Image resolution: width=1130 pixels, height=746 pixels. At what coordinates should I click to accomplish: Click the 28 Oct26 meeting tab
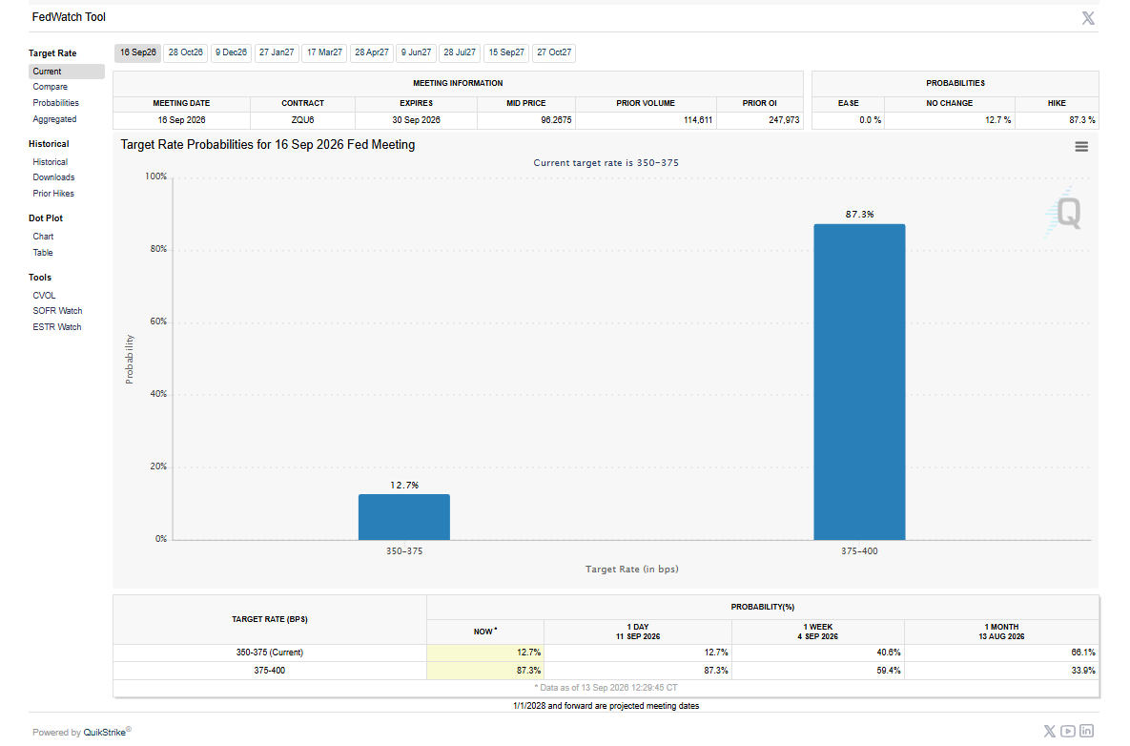click(185, 52)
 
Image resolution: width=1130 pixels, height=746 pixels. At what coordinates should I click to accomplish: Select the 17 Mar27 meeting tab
click(324, 52)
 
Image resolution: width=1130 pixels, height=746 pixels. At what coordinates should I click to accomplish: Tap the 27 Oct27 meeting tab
click(554, 52)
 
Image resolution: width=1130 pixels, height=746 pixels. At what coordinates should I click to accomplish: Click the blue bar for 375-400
click(859, 382)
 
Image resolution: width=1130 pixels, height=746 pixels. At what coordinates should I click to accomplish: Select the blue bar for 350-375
click(404, 517)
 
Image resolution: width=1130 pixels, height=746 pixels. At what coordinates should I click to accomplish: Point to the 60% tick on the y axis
click(158, 321)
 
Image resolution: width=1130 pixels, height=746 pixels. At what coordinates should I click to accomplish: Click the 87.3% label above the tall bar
click(860, 214)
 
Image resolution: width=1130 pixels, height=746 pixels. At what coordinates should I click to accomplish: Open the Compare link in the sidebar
click(50, 87)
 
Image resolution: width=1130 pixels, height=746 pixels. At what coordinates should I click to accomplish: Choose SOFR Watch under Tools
click(57, 311)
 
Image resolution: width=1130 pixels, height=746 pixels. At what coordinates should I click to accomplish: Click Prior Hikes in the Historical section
click(53, 193)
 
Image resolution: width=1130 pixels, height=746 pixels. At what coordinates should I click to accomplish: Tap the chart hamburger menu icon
click(1081, 146)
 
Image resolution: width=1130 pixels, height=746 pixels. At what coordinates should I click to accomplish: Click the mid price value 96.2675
click(556, 120)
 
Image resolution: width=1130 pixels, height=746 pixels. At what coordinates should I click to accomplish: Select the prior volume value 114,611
click(698, 120)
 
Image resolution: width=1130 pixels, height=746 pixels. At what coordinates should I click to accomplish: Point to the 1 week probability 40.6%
click(889, 653)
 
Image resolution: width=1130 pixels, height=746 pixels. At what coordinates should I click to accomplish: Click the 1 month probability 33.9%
click(1083, 671)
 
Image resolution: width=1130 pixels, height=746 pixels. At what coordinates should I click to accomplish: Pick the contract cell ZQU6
click(302, 120)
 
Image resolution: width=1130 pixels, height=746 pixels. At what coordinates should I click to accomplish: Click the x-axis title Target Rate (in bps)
click(632, 570)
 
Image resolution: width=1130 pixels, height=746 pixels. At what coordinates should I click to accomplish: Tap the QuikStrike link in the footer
click(105, 733)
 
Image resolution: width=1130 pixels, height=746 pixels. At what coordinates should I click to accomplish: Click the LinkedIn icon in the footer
click(1087, 731)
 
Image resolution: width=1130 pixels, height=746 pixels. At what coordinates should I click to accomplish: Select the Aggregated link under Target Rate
click(54, 119)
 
